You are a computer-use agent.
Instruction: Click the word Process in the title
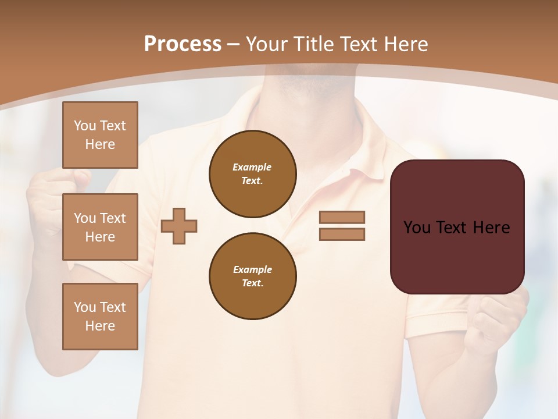tap(183, 44)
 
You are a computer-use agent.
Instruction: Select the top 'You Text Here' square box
tap(100, 135)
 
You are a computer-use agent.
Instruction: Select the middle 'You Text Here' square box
tap(100, 227)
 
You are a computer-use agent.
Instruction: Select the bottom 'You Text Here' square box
tap(100, 317)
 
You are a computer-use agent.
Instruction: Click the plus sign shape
tap(179, 226)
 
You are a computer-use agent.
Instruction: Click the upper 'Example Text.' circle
tap(253, 174)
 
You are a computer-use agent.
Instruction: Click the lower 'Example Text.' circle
tap(253, 276)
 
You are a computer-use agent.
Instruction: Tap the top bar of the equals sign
tap(342, 217)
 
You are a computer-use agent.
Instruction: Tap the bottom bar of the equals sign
tap(342, 235)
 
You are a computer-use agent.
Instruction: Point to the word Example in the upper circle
tap(252, 167)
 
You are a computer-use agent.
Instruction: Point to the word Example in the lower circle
tap(252, 269)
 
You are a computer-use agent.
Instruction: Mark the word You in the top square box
tap(85, 126)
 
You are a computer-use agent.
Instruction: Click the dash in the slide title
tap(234, 44)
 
